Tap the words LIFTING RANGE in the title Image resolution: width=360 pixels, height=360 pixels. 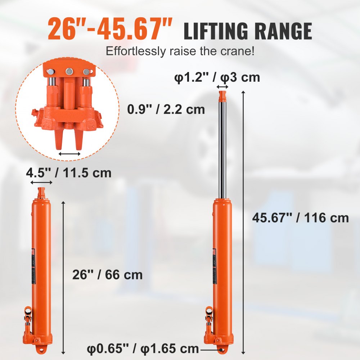tap(248, 31)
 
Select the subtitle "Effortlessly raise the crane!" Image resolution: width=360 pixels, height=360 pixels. tap(180, 51)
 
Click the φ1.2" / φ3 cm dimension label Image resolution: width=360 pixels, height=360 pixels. tap(217, 77)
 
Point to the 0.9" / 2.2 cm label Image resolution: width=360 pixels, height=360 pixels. tap(166, 109)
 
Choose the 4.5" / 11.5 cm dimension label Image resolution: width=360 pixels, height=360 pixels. tap(68, 173)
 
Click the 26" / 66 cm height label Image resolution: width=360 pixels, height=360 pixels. tap(108, 275)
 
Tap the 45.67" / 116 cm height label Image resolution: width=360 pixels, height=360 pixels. tap(300, 217)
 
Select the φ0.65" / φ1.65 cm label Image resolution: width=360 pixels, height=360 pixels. tap(143, 348)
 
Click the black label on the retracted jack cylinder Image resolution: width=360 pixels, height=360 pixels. tap(34, 263)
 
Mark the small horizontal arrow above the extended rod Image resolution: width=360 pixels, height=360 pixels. tap(222, 87)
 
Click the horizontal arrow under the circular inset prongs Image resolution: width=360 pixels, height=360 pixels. tap(69, 154)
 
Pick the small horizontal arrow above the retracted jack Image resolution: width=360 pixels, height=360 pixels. tap(41, 183)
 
